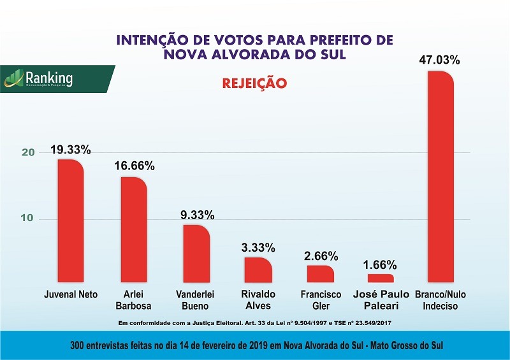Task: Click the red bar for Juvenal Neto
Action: [x=70, y=220]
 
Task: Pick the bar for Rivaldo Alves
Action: [x=258, y=270]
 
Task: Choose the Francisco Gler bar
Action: [x=320, y=273]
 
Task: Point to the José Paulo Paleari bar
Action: [x=381, y=278]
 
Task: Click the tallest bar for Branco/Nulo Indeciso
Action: [x=441, y=176]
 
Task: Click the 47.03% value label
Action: [x=440, y=61]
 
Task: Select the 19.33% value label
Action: [x=70, y=150]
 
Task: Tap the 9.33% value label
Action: [x=197, y=215]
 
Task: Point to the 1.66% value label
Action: [x=381, y=264]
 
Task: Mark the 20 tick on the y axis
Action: [x=27, y=153]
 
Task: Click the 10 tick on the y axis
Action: [x=27, y=219]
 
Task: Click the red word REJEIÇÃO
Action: [x=254, y=83]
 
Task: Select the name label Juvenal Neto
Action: [x=70, y=295]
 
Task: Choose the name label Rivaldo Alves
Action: [x=258, y=300]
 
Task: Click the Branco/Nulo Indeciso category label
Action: [x=441, y=300]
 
